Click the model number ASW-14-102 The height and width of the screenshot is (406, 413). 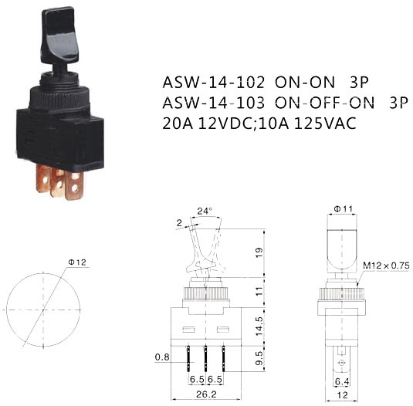pyautogui.click(x=213, y=83)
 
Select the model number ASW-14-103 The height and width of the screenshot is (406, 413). pyautogui.click(x=213, y=103)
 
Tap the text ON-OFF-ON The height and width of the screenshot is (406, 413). pyautogui.click(x=324, y=103)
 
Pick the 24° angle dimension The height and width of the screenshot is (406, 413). pyautogui.click(x=205, y=211)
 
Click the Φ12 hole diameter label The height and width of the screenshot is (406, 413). pyautogui.click(x=77, y=262)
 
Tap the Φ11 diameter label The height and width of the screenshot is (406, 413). pyautogui.click(x=344, y=209)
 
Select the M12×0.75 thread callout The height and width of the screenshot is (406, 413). pyautogui.click(x=387, y=266)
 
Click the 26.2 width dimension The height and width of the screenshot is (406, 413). pyautogui.click(x=206, y=394)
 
